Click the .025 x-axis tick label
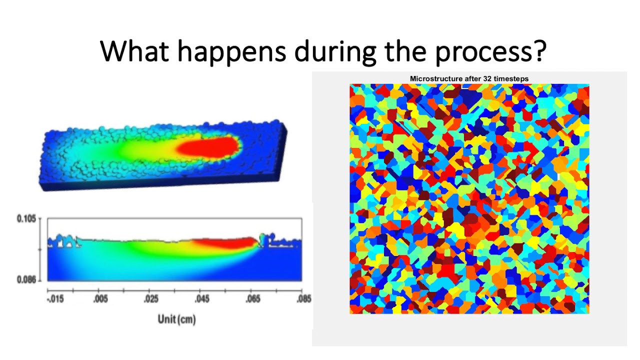tap(150, 299)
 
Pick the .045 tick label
tap(201, 299)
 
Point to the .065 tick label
tap(253, 299)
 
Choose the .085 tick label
tap(302, 299)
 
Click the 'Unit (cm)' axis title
tap(176, 319)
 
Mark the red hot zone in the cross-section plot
tap(225, 243)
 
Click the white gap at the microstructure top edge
tap(465, 86)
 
